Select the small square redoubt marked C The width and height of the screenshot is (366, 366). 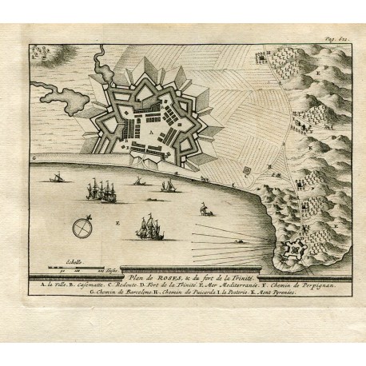pos(247,169)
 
